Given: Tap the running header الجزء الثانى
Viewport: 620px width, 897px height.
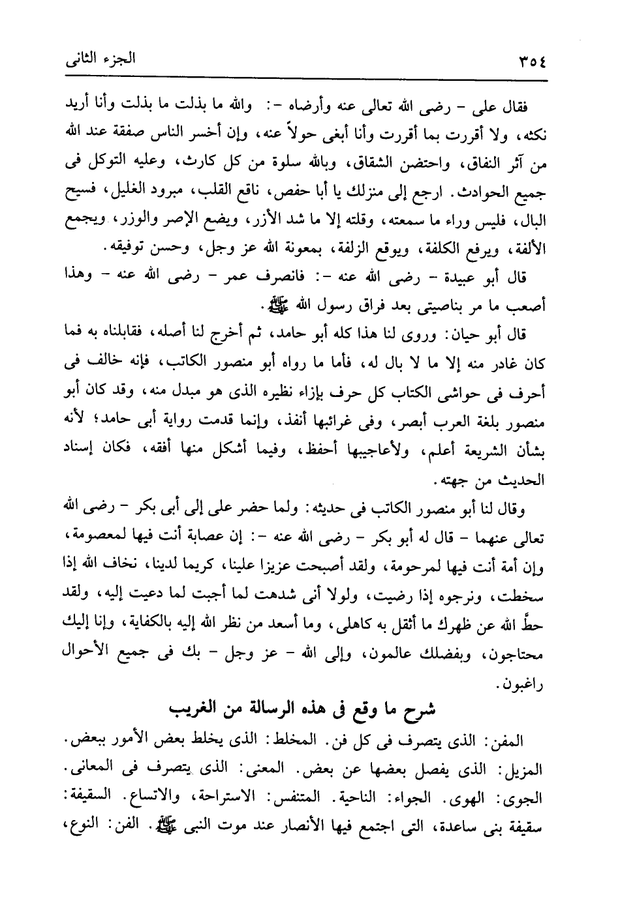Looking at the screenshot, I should (100, 61).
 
